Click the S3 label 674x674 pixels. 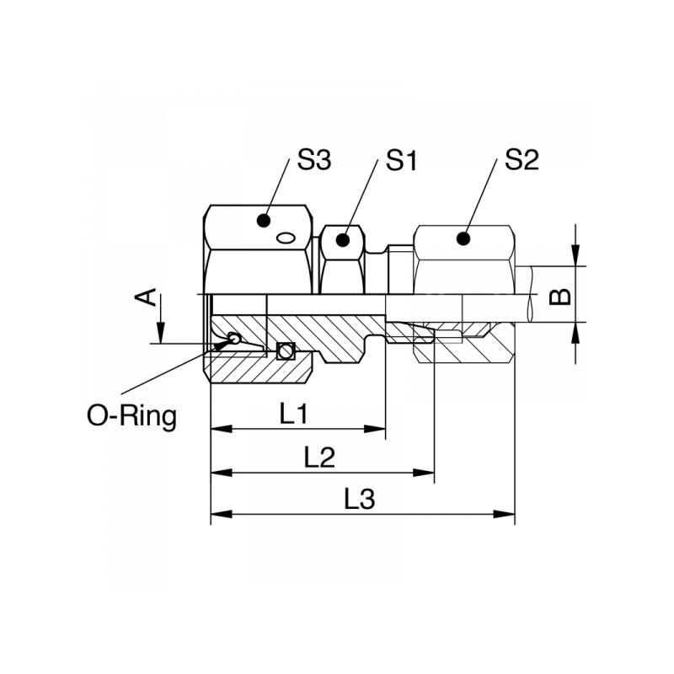click(x=313, y=161)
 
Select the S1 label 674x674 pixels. click(x=402, y=161)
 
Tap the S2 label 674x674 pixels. click(x=522, y=161)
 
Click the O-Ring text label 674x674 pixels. click(x=132, y=415)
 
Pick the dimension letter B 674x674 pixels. click(x=560, y=295)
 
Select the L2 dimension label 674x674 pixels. click(x=320, y=457)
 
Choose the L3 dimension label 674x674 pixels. click(x=360, y=500)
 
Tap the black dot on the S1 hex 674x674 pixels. click(x=342, y=239)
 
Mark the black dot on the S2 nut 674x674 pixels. click(x=463, y=238)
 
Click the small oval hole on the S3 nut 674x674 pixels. click(x=286, y=238)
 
